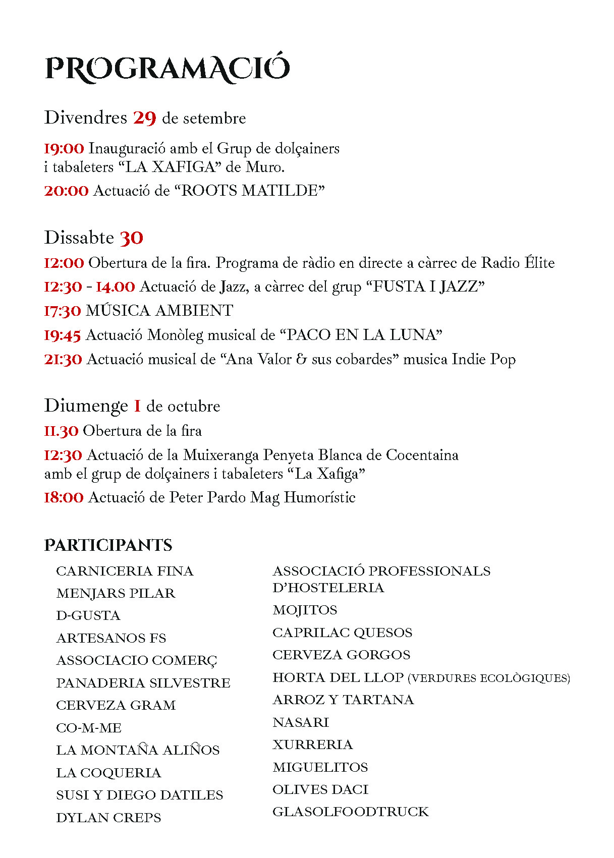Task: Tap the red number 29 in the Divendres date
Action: [144, 118]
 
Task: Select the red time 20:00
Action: [66, 191]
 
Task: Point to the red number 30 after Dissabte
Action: [131, 238]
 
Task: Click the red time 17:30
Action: [62, 311]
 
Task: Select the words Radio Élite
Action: [518, 263]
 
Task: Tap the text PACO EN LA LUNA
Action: [361, 335]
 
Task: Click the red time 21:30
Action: [63, 359]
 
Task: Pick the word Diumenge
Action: [86, 406]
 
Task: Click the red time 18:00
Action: [64, 497]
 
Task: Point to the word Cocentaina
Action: [422, 455]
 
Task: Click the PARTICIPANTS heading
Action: [108, 545]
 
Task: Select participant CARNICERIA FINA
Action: [125, 571]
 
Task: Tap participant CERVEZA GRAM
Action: [116, 705]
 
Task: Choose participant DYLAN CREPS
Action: [108, 818]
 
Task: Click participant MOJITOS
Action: [305, 610]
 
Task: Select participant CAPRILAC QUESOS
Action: [342, 633]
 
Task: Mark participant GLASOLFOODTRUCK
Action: [350, 812]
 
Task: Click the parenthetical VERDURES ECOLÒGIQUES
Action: [488, 678]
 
